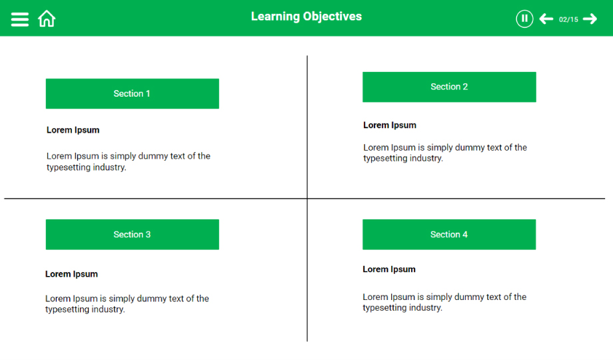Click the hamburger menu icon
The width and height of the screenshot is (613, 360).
(x=19, y=19)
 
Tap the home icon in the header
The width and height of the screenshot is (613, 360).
(x=47, y=19)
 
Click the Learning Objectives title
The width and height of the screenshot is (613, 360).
(x=306, y=17)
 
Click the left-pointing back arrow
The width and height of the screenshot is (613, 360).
(x=546, y=19)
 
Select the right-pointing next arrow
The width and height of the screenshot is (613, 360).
(x=590, y=19)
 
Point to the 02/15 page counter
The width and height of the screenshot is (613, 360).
(x=568, y=19)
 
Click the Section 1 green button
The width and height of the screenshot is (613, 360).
(x=132, y=93)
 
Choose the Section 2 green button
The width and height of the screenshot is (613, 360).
(x=449, y=87)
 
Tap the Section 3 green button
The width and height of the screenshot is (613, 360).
(x=132, y=235)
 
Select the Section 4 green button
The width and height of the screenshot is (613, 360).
(x=449, y=235)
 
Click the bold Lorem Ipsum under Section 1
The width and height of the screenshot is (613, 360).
(x=73, y=130)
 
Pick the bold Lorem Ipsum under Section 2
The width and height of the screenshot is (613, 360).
(x=390, y=125)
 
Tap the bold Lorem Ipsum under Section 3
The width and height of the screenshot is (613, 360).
(x=71, y=274)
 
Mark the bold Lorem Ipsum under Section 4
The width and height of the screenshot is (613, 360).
(x=389, y=269)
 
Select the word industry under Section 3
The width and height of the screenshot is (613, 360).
(x=108, y=309)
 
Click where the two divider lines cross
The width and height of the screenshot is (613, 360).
(x=307, y=199)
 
